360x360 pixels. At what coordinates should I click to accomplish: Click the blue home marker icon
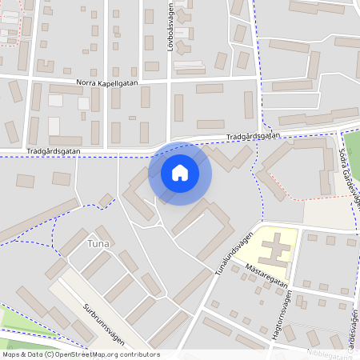tap(180, 173)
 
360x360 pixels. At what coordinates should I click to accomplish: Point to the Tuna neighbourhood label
tap(98, 242)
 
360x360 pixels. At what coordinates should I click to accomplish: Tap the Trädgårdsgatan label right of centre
tap(253, 137)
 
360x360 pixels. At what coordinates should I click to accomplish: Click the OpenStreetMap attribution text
tap(81, 354)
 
